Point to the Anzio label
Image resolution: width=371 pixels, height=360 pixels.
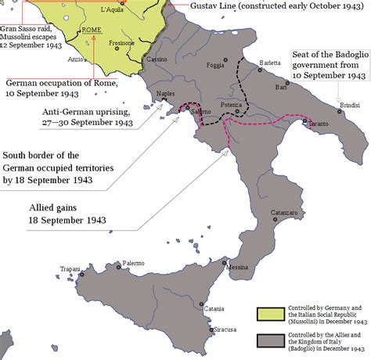pos(74,59)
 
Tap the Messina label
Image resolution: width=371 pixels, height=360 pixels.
pos(238,268)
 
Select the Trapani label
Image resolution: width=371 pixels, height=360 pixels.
pos(70,269)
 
